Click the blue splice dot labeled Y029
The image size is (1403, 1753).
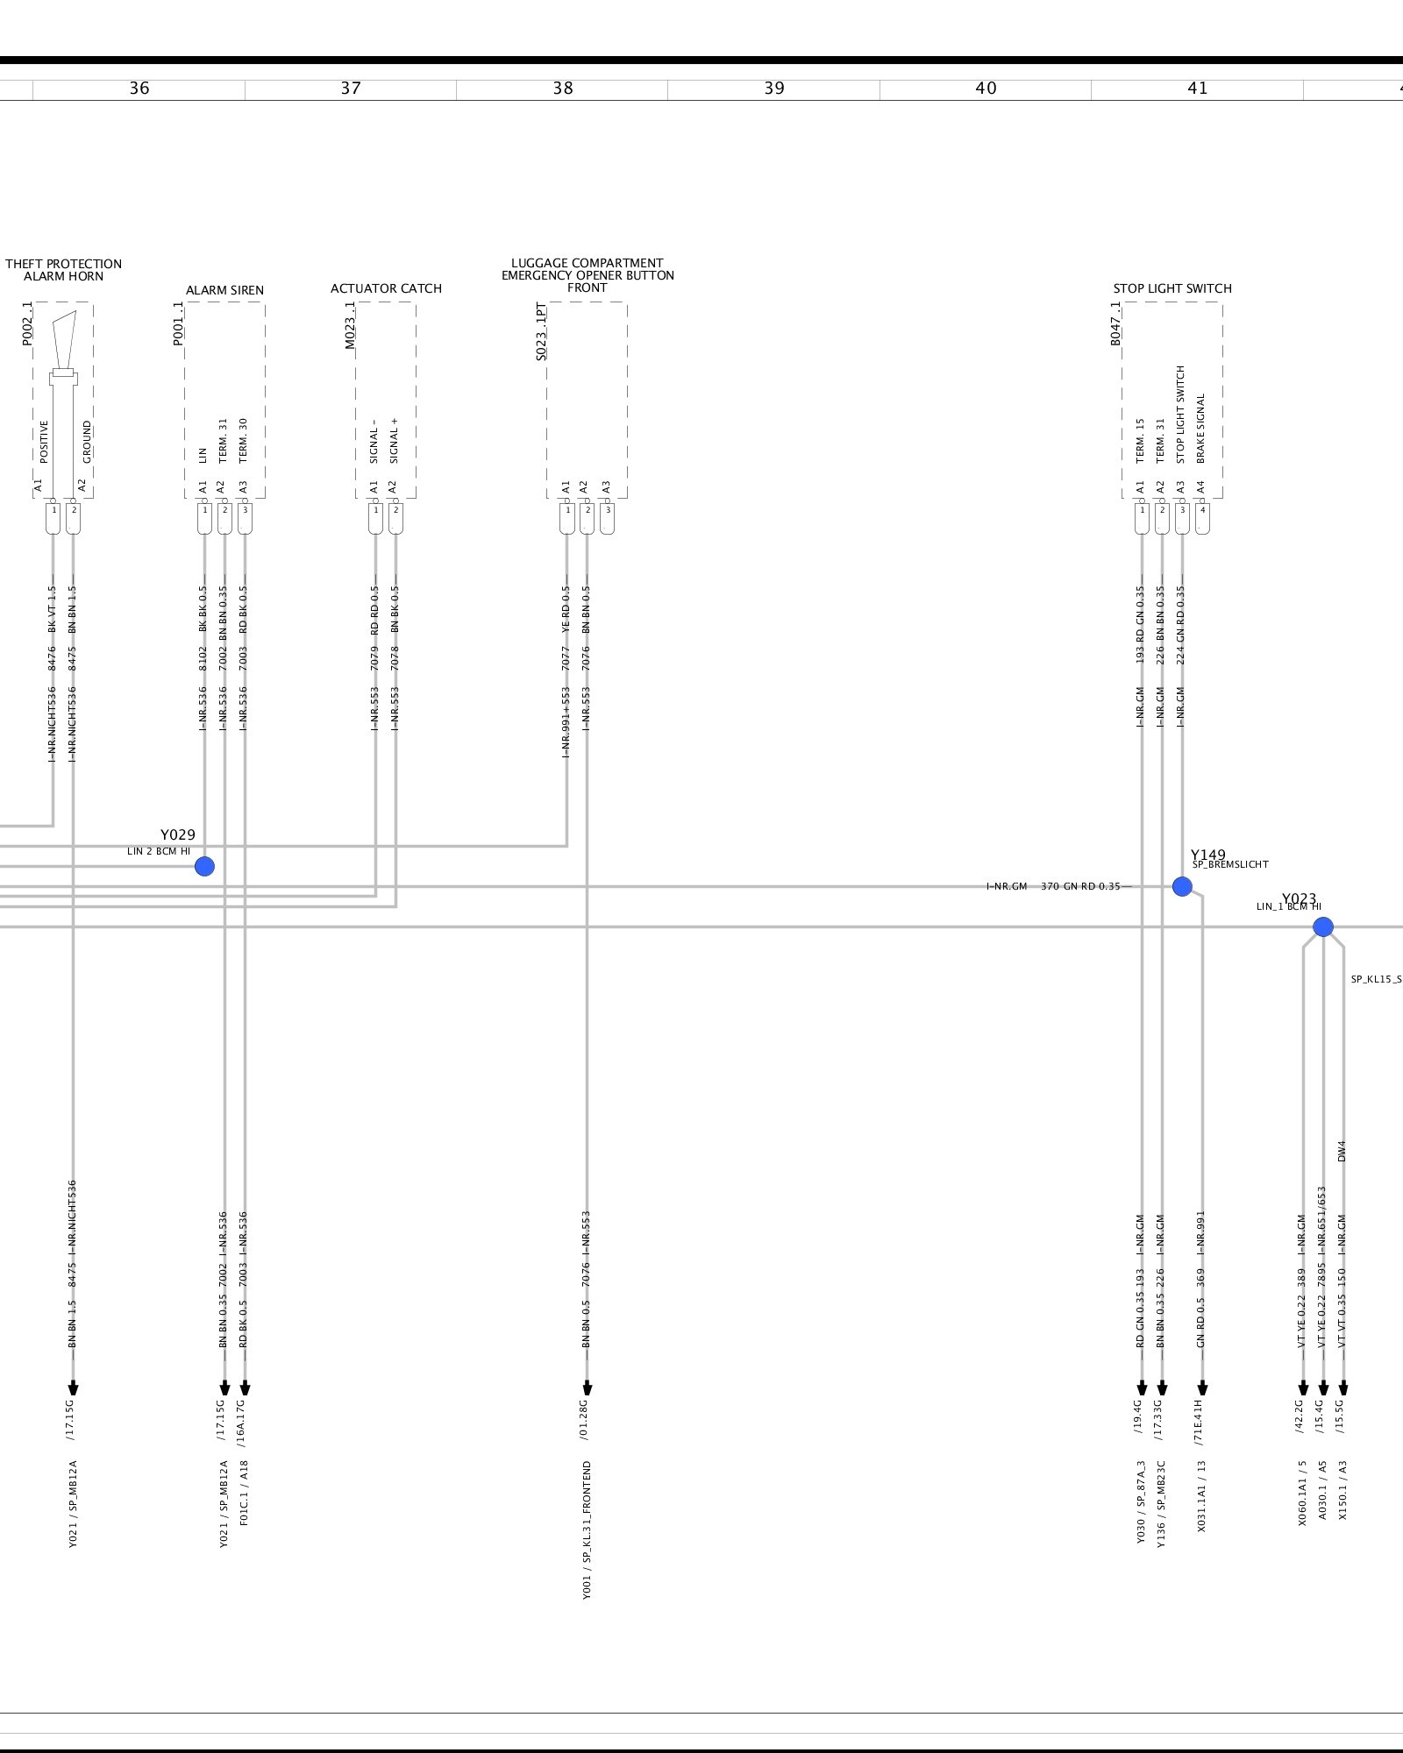204,866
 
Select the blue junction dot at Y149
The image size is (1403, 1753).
1182,886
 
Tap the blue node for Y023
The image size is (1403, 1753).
1322,926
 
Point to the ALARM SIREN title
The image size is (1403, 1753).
224,290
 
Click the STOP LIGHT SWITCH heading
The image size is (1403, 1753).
1172,288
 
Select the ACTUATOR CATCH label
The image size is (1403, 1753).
386,288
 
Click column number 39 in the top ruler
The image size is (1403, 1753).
774,89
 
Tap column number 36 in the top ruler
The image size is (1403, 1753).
139,89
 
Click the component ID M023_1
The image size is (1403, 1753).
350,325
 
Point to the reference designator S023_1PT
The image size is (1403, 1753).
541,332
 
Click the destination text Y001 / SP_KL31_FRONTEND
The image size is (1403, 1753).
587,1529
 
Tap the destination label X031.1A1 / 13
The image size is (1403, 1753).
1201,1495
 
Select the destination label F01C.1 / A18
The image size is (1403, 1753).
244,1492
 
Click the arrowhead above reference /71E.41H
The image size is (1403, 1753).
1202,1388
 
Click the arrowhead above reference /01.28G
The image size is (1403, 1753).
587,1388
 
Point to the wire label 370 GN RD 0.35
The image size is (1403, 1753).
1080,886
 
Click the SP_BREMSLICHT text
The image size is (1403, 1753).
1230,864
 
